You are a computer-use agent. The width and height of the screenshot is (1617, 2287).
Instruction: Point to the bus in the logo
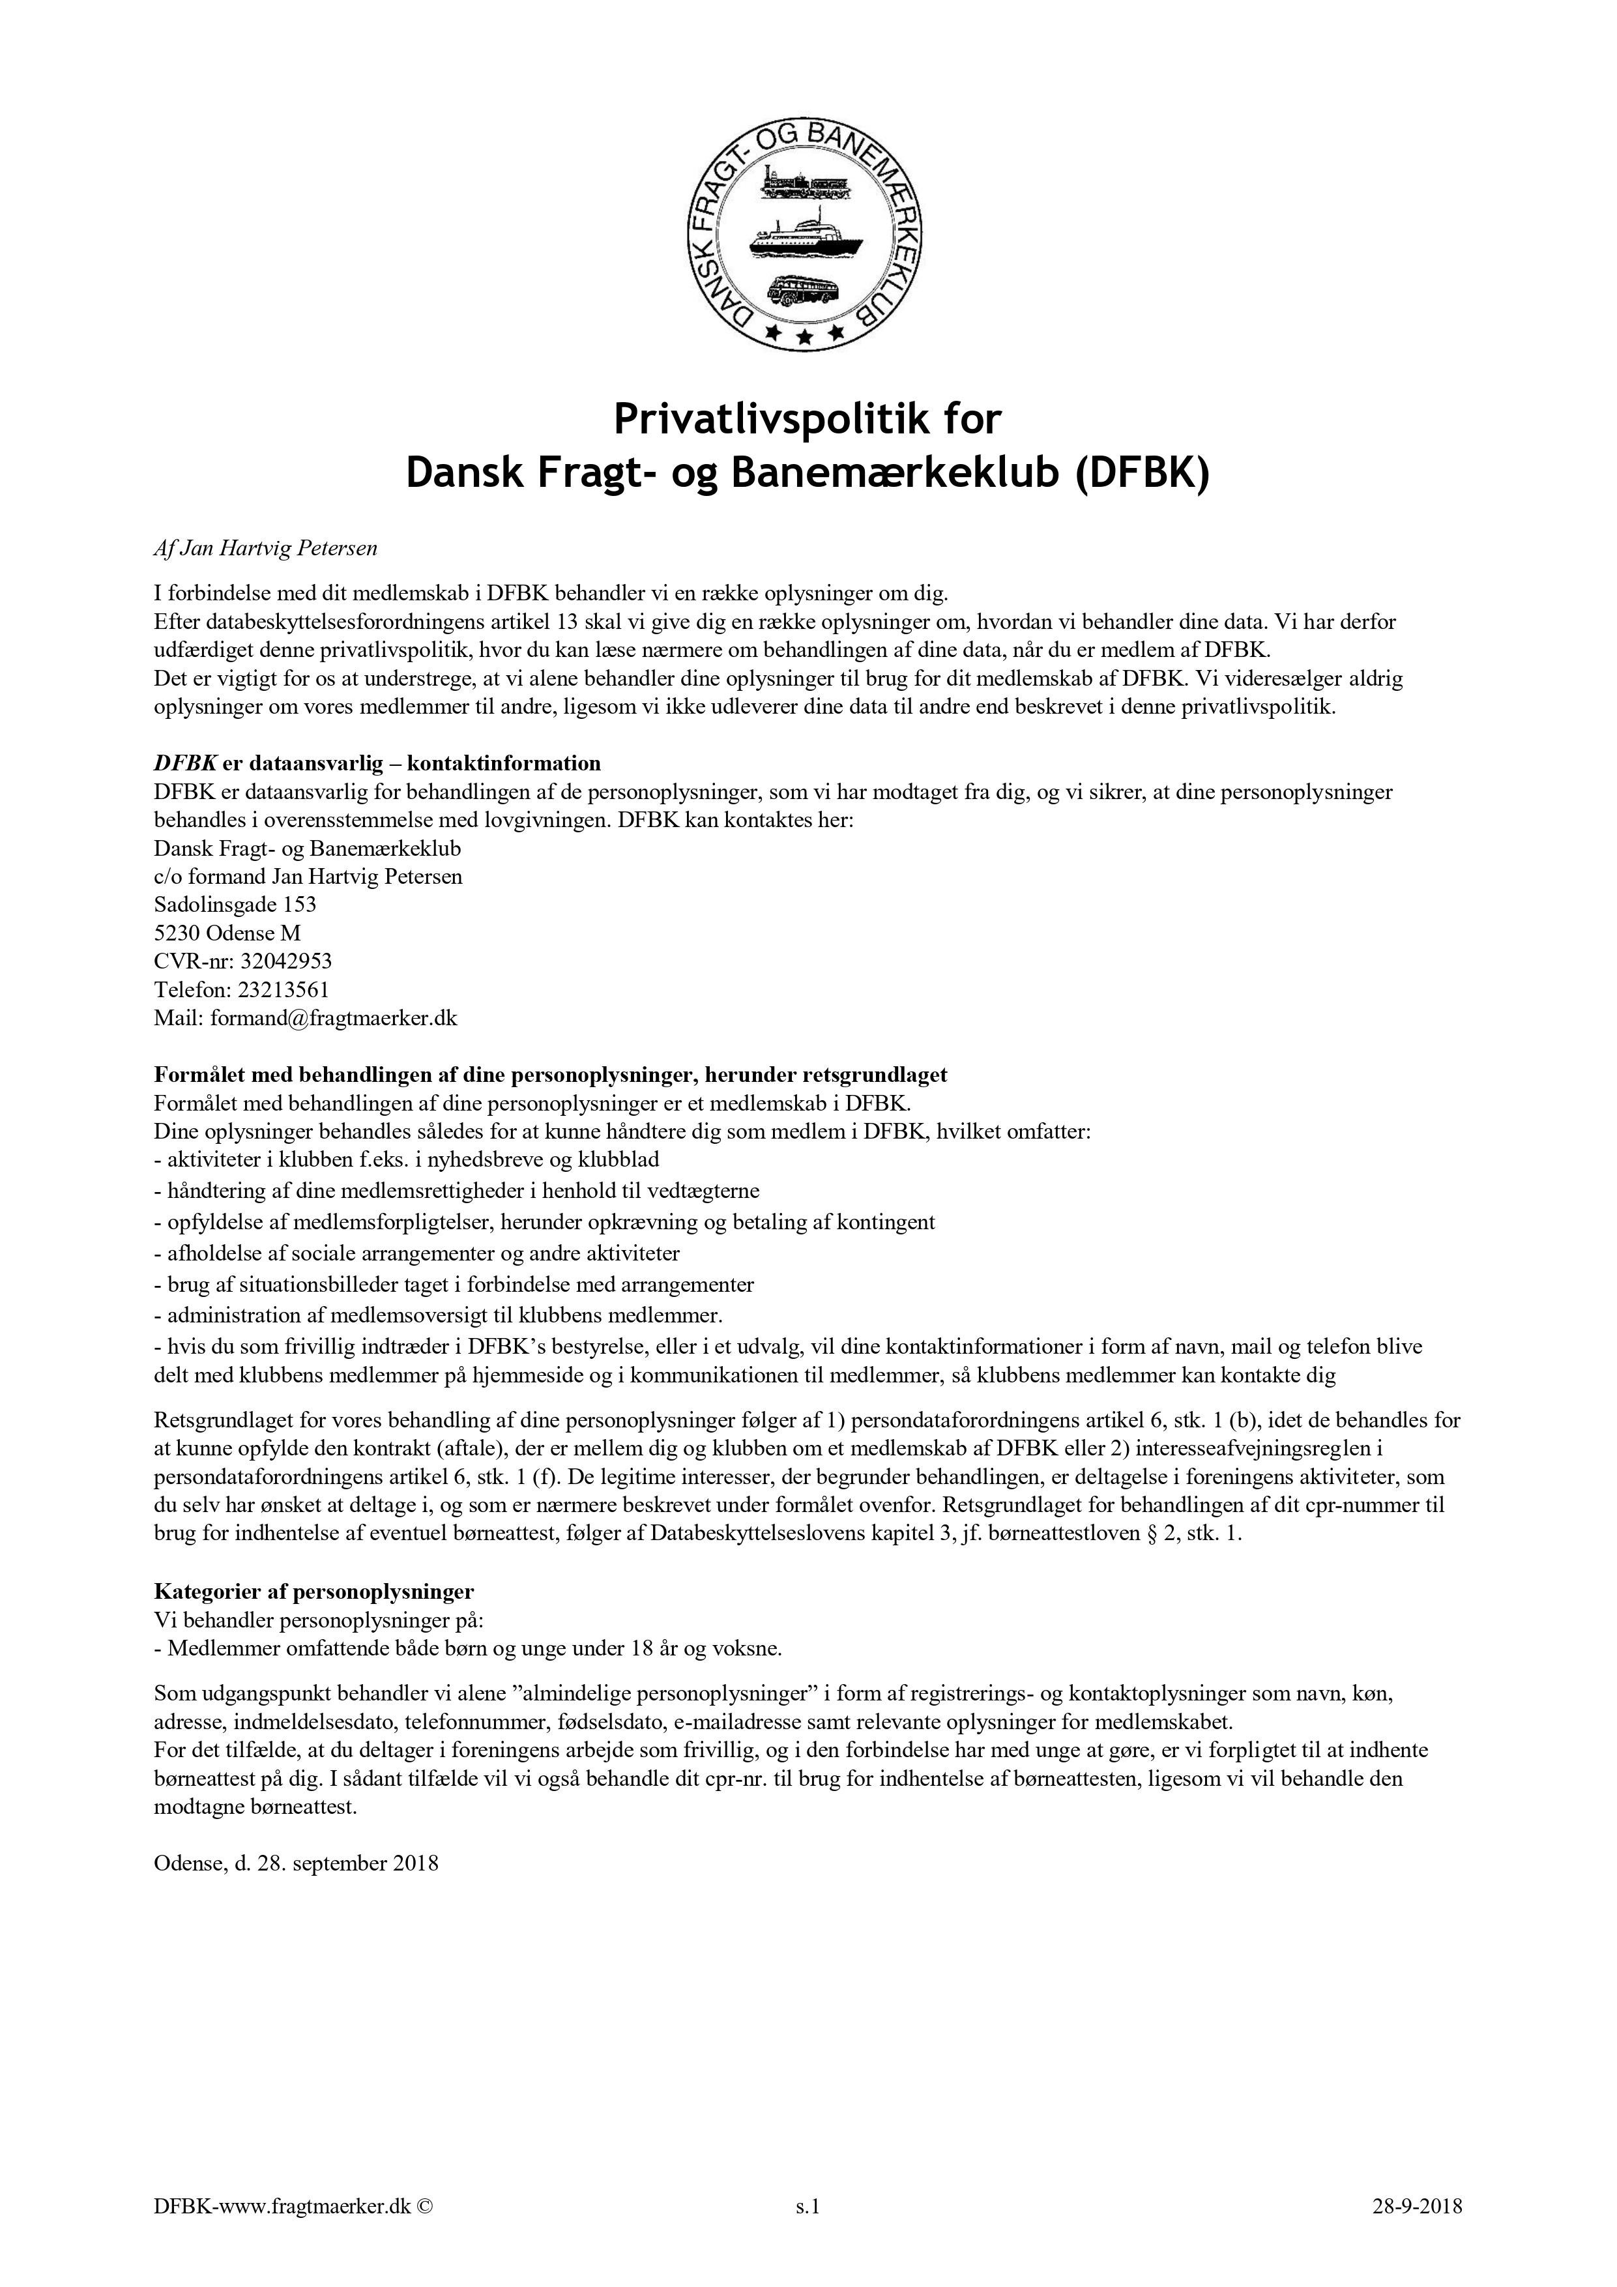click(803, 291)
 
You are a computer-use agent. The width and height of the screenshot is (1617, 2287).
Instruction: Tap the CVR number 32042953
click(286, 961)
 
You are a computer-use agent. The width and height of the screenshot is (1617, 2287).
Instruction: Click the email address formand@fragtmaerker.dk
click(334, 1018)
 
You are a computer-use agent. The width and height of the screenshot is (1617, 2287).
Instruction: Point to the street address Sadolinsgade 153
click(235, 905)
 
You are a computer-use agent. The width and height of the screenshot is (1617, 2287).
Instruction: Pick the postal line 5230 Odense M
click(227, 933)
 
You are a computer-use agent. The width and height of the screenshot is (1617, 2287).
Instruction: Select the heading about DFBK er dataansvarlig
click(377, 764)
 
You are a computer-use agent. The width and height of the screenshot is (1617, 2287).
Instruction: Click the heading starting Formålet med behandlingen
click(550, 1075)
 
